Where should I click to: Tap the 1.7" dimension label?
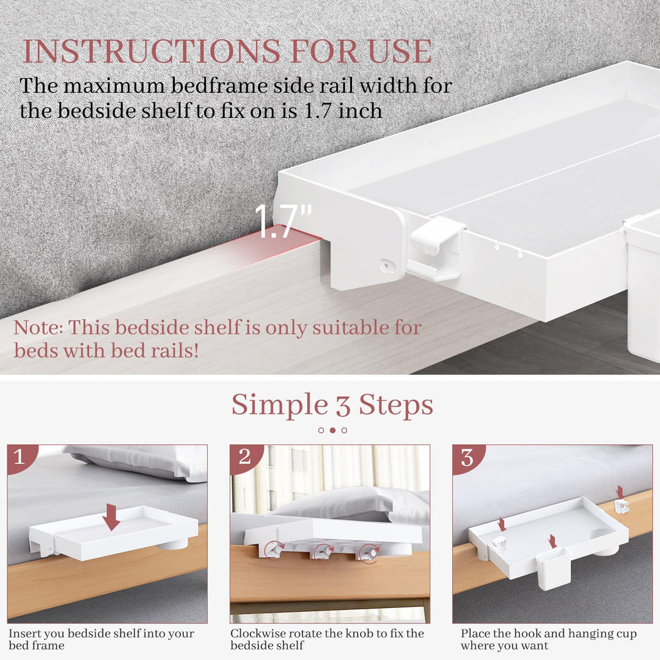[x=282, y=222]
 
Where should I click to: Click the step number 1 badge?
[x=20, y=457]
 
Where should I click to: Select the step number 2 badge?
[x=244, y=457]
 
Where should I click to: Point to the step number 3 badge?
[x=467, y=457]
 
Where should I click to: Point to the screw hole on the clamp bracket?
[x=386, y=265]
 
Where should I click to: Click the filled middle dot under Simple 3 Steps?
[x=332, y=430]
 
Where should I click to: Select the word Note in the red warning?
[x=37, y=328]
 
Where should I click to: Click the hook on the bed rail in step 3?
[x=621, y=505]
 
